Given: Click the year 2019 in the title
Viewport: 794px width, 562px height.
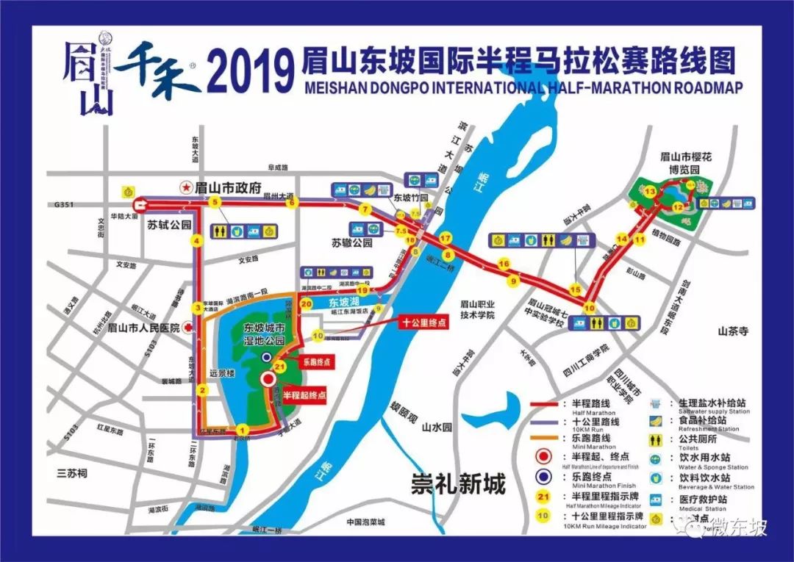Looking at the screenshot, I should tap(247, 71).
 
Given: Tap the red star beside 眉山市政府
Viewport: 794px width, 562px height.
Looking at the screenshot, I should tap(187, 188).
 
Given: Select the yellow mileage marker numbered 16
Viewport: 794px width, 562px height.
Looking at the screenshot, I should tap(504, 264).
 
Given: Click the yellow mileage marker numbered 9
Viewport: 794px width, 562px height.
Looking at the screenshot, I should tap(513, 280).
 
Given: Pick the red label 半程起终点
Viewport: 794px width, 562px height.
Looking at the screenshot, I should tap(304, 395).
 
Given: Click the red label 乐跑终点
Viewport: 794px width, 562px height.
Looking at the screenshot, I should tap(317, 362).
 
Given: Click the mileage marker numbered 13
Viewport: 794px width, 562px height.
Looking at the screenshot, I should tap(650, 192).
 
